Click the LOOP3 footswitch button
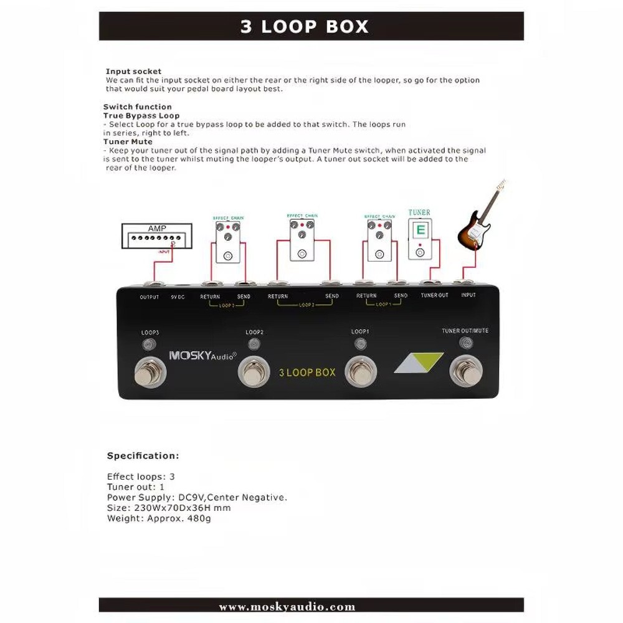pyautogui.click(x=150, y=374)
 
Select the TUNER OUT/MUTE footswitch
pyautogui.click(x=465, y=371)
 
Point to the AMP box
pyautogui.click(x=157, y=237)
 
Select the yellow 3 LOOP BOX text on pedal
pyautogui.click(x=307, y=373)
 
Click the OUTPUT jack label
pyautogui.click(x=150, y=297)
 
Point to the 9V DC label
pyautogui.click(x=178, y=297)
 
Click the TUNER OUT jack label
pyautogui.click(x=434, y=295)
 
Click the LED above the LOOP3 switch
pyautogui.click(x=149, y=345)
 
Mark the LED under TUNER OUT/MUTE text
pyautogui.click(x=465, y=342)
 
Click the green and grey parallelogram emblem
pyautogui.click(x=419, y=363)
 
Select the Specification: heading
pyautogui.click(x=143, y=456)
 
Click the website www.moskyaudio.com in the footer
pyautogui.click(x=287, y=607)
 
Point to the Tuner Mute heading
pyautogui.click(x=128, y=142)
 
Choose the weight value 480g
pyautogui.click(x=199, y=518)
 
